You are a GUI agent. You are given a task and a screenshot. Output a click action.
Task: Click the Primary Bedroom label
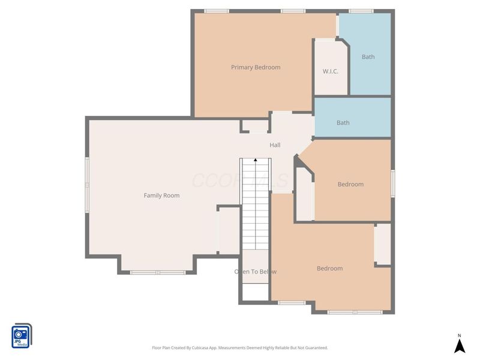[x=256, y=67]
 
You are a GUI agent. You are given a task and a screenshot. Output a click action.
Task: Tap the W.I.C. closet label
[x=331, y=71]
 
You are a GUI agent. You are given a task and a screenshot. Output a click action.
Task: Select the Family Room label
[x=161, y=196]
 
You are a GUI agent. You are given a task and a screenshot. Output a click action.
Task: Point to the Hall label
[x=275, y=145]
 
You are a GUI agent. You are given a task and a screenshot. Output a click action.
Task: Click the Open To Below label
[x=256, y=272]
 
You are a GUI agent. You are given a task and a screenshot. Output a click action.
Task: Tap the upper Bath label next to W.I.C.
[x=368, y=57]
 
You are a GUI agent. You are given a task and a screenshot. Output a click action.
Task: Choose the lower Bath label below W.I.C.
[x=343, y=123]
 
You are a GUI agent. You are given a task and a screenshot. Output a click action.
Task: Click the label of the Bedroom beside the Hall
[x=350, y=184]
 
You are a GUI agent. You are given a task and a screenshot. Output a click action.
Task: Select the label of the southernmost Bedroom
[x=329, y=268]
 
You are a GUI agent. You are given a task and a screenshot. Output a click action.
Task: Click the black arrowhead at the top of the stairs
[x=256, y=160]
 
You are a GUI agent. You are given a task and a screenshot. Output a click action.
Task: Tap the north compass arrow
[x=460, y=346]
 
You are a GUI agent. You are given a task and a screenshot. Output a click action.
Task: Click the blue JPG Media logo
[x=21, y=335]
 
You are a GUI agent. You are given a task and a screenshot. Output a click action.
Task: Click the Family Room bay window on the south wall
[x=158, y=272]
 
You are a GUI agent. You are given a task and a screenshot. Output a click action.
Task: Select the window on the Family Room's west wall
[x=87, y=184]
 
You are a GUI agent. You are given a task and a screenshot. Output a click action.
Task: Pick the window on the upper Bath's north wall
[x=361, y=11]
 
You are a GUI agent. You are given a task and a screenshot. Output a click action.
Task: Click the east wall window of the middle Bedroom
[x=393, y=183]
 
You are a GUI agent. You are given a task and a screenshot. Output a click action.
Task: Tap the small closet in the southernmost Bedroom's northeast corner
[x=382, y=244]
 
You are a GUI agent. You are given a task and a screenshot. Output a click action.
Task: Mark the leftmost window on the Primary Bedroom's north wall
[x=217, y=11]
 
